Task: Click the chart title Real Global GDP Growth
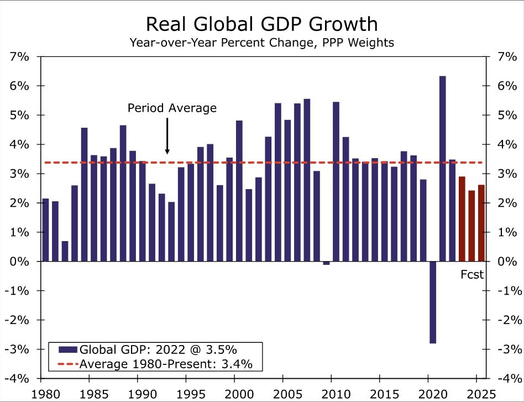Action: point(262,24)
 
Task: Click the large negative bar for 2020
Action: point(433,302)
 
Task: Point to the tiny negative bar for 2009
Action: point(326,263)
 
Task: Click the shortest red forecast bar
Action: point(471,226)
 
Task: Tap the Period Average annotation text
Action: point(172,108)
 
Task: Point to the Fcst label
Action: point(472,274)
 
